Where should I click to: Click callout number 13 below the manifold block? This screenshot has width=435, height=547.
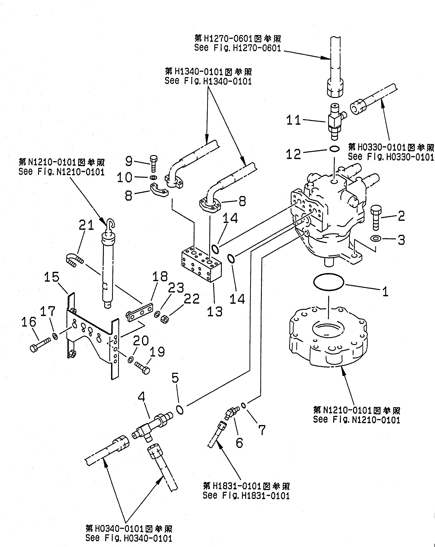coord(215,312)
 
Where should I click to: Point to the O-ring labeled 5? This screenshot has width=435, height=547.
coord(180,409)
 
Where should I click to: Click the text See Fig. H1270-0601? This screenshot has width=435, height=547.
coord(238,48)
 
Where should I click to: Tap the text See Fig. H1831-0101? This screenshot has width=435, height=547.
coord(246,495)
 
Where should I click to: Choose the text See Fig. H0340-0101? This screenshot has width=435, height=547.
coord(129,538)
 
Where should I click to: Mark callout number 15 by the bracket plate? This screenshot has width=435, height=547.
coord(52,277)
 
